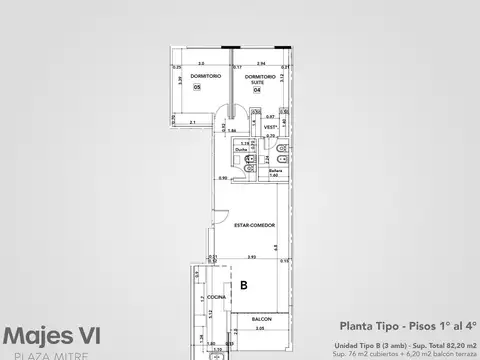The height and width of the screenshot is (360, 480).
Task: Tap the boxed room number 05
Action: click(x=197, y=87)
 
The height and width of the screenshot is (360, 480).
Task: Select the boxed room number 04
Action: click(x=257, y=89)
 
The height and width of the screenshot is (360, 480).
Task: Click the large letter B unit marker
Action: click(x=243, y=286)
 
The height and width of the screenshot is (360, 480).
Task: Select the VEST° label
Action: click(x=271, y=128)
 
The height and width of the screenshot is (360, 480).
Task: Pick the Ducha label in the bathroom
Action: click(x=242, y=150)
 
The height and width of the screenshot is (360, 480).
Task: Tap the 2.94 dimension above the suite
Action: click(x=260, y=62)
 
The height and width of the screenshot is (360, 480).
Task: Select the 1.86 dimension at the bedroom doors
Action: click(x=232, y=130)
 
